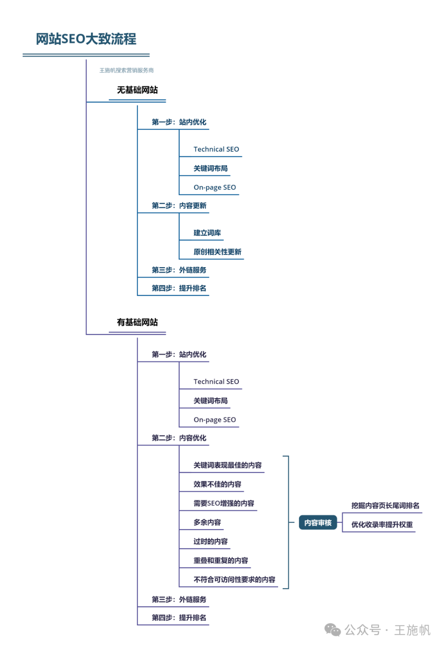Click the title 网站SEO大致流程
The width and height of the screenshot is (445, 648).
point(86,39)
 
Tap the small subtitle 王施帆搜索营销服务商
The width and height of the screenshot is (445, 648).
point(126,70)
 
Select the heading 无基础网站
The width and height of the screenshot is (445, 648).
point(137,90)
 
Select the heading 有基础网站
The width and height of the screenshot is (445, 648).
point(137,322)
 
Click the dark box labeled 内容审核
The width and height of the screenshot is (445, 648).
point(318,523)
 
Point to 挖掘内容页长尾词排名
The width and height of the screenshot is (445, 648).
point(385,505)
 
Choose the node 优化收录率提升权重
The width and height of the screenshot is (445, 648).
point(382,524)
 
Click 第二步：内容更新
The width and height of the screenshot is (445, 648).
point(179,206)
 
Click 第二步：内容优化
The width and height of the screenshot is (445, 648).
point(179,438)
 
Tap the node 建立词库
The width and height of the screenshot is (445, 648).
point(207,233)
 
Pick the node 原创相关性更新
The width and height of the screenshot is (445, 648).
point(217,252)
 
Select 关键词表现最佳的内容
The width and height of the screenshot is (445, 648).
point(227,465)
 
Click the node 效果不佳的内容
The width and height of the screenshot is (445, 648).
point(217,484)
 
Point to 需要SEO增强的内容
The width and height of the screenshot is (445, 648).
point(224,503)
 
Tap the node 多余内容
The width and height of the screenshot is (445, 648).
point(207,522)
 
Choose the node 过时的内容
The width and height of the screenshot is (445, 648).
point(210,541)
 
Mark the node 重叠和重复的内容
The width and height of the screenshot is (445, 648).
point(220,560)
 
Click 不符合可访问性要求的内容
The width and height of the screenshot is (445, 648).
point(234,579)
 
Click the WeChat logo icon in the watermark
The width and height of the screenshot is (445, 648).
point(333,630)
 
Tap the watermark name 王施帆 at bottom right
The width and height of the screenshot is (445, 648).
point(412,630)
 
